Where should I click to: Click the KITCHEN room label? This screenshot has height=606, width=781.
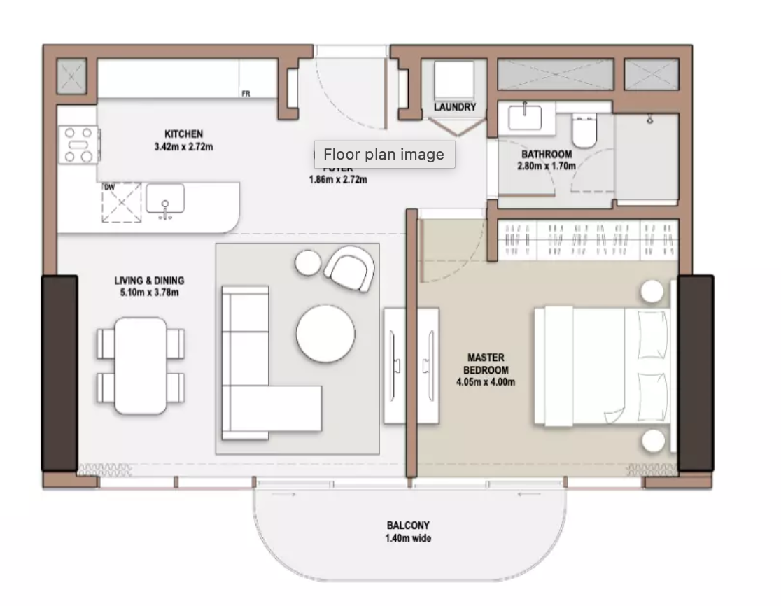[183, 134]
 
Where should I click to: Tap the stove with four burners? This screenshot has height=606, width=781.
[78, 144]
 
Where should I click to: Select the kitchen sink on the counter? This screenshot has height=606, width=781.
[165, 199]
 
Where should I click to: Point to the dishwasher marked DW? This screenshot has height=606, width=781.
[121, 203]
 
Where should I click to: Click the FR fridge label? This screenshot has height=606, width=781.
[246, 93]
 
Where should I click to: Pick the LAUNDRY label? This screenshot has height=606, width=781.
[454, 107]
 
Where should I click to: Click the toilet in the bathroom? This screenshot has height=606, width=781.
[583, 131]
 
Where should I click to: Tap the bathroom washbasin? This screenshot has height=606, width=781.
[525, 117]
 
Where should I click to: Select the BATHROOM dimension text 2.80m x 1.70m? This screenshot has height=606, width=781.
[546, 167]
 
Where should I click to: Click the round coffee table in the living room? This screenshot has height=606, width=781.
[325, 333]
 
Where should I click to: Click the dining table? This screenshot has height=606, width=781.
[141, 365]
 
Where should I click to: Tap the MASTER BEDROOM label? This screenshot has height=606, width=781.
[486, 363]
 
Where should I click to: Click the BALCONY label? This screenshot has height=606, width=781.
[408, 525]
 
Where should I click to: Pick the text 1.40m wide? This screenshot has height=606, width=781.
[408, 538]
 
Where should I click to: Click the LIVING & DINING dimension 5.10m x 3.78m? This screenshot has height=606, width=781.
[149, 292]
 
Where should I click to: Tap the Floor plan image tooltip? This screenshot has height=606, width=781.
[384, 155]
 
